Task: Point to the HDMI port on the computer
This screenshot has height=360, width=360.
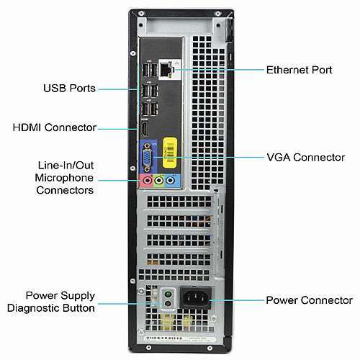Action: coord(145,132)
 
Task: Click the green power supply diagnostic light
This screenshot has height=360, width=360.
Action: coord(166,295)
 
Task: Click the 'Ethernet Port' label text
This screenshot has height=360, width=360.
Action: coord(300,70)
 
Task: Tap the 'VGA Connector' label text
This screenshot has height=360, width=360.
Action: coord(306,156)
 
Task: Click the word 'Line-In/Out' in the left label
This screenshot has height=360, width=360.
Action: coord(66,165)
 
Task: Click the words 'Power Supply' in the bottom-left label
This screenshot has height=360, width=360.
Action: coord(60,295)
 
